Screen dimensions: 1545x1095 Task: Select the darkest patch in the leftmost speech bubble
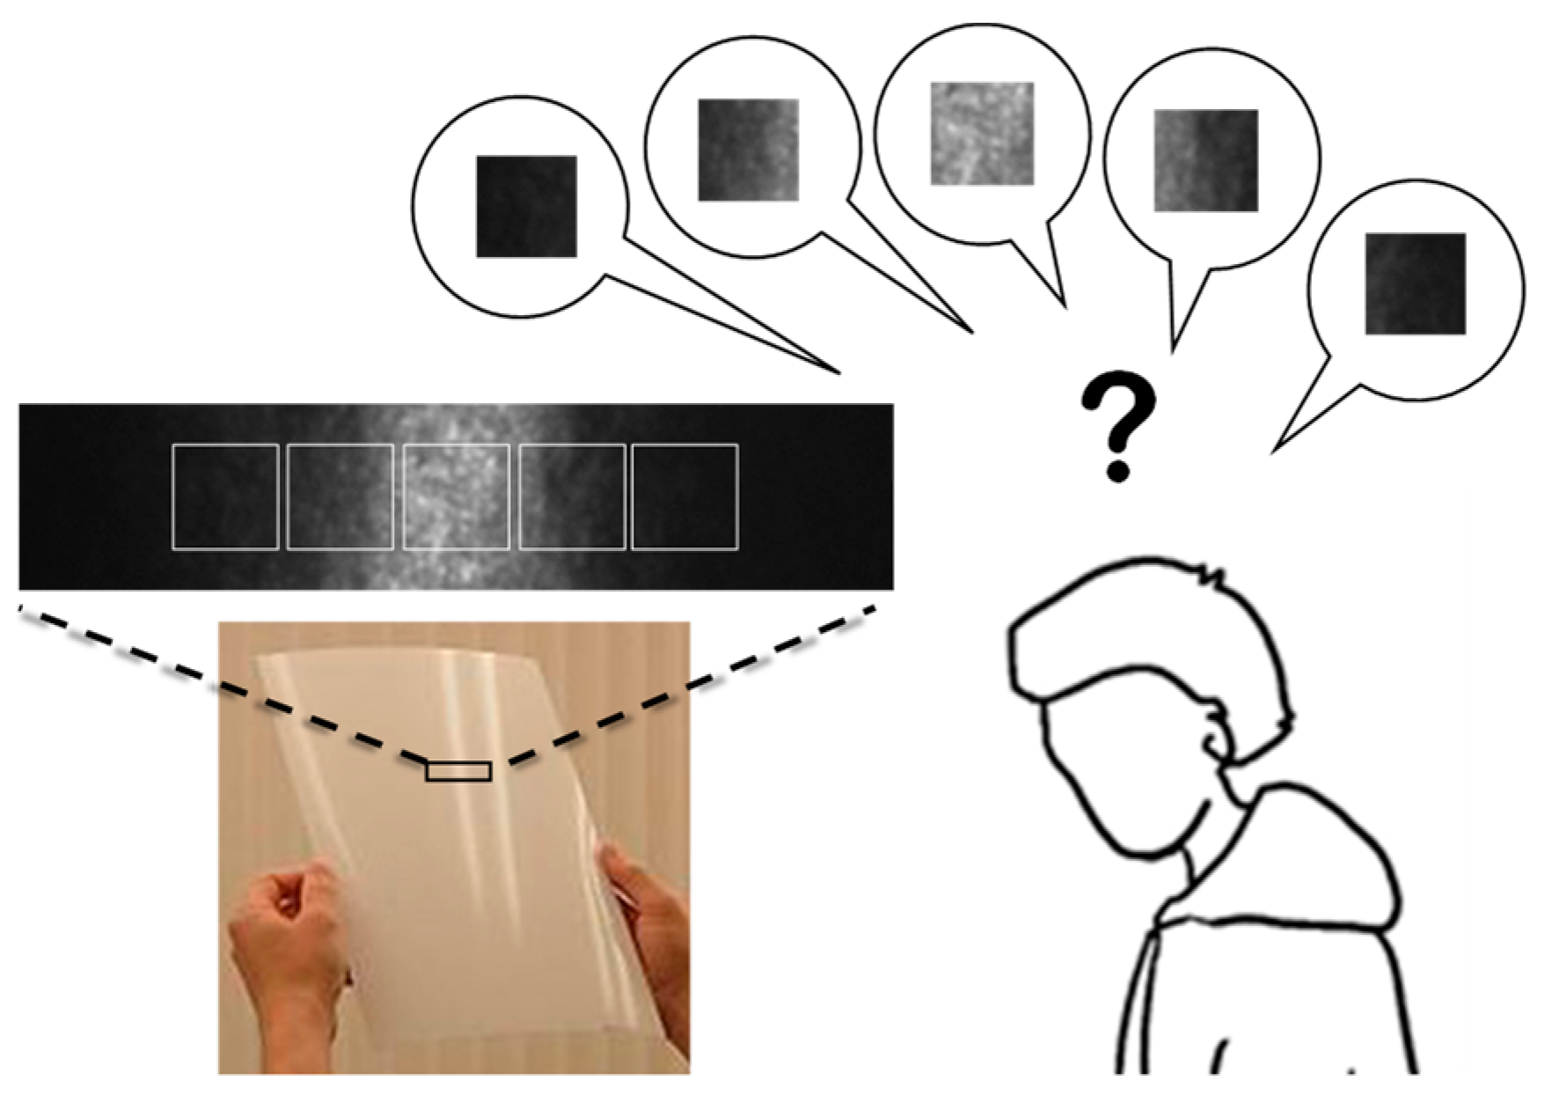pos(526,207)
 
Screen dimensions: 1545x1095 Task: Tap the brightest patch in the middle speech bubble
pos(982,134)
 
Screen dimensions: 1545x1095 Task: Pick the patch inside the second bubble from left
pos(749,150)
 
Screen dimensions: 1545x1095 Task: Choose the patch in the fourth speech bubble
pos(1206,160)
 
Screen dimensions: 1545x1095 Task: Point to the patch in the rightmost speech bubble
pos(1416,283)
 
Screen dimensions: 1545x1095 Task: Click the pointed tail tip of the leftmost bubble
pos(839,372)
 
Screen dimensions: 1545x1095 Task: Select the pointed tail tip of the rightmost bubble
pos(1273,452)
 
